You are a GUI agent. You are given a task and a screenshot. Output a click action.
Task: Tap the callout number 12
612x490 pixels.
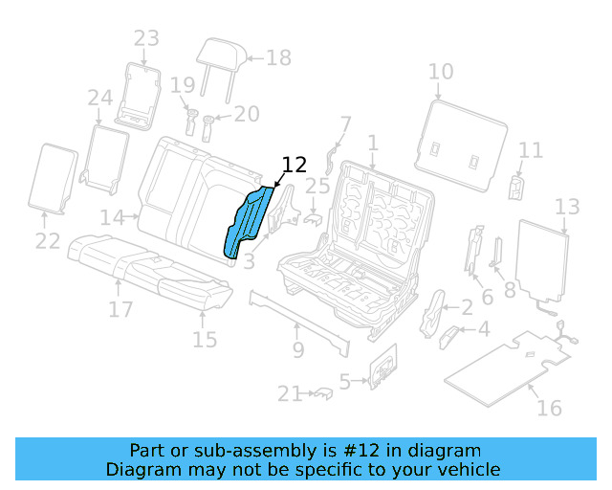(294, 165)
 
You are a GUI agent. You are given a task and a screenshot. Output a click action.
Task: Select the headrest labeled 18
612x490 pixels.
(222, 55)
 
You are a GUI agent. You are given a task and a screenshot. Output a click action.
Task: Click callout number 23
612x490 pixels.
(146, 38)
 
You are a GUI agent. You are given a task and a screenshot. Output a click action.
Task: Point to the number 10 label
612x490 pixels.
(440, 71)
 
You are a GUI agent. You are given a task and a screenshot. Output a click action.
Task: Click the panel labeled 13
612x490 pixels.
(542, 262)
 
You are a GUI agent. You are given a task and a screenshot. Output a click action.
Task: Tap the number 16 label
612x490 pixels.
(549, 408)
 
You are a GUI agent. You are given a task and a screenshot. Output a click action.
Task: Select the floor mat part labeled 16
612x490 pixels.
(507, 364)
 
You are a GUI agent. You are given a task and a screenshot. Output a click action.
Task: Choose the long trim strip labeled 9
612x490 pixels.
(296, 317)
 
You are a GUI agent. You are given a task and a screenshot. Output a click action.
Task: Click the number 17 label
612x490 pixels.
(120, 309)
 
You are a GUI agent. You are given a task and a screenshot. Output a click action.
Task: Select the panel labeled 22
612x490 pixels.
(55, 178)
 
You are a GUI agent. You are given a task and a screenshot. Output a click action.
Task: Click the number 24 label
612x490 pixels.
(99, 98)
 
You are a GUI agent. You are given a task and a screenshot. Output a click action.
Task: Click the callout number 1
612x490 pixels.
(373, 144)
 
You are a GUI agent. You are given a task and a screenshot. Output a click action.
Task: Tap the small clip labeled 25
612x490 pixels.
(313, 217)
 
